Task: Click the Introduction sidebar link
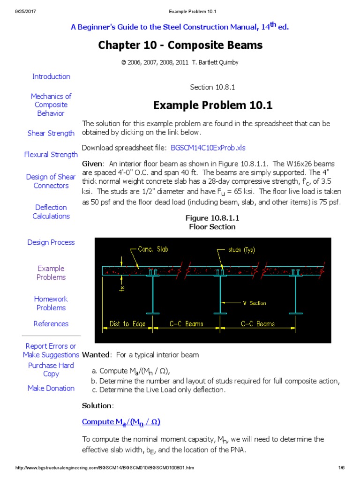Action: pyautogui.click(x=51, y=76)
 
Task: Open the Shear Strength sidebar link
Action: pyautogui.click(x=51, y=133)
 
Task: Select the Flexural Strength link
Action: pyautogui.click(x=51, y=154)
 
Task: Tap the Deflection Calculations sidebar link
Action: pyautogui.click(x=51, y=212)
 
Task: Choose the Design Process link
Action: pyautogui.click(x=51, y=242)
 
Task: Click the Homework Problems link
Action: pyautogui.click(x=51, y=303)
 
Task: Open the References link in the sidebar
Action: pyautogui.click(x=51, y=324)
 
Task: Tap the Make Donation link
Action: pyautogui.click(x=51, y=388)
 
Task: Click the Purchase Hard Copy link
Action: pyautogui.click(x=51, y=369)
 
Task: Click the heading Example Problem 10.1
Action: pyautogui.click(x=213, y=105)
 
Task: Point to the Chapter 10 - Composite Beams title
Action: pyautogui.click(x=180, y=45)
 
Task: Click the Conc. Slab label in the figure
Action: pyautogui.click(x=153, y=250)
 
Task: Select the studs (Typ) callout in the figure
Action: pyautogui.click(x=241, y=250)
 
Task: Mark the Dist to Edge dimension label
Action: pyautogui.click(x=127, y=324)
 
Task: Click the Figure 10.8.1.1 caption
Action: pyautogui.click(x=212, y=218)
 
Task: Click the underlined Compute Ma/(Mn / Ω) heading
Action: pyautogui.click(x=121, y=422)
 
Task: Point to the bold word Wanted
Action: pyautogui.click(x=96, y=355)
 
